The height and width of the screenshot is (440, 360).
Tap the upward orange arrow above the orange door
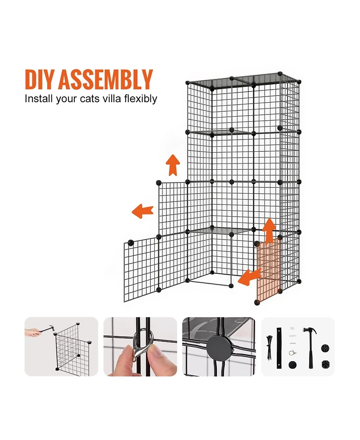coord(270,230)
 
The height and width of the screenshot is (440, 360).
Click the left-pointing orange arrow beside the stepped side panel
coord(143,211)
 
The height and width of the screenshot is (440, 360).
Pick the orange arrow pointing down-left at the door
coord(250,277)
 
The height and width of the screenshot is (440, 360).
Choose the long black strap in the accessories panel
coord(279,348)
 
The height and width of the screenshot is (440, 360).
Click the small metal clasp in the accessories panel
coord(292,353)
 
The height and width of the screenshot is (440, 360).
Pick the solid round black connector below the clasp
coord(292,365)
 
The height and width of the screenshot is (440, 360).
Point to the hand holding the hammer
coord(32,333)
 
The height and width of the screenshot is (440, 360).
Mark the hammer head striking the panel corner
coord(51,328)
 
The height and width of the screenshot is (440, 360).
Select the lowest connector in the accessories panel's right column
coord(325,365)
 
